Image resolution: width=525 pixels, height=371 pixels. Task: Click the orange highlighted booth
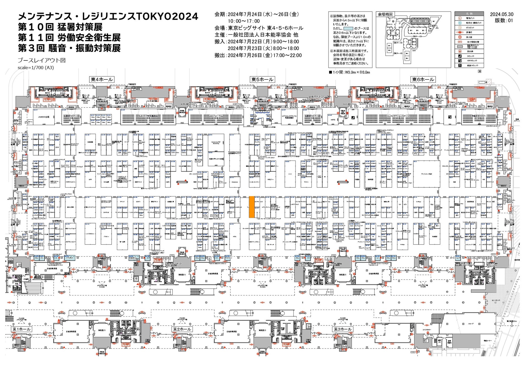click(251, 207)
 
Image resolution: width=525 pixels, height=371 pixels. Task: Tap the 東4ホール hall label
click(102, 79)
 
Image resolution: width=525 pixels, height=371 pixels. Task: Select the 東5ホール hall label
click(262, 79)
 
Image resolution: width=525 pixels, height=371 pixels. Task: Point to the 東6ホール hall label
click(423, 79)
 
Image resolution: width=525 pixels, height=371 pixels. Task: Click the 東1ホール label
click(22, 329)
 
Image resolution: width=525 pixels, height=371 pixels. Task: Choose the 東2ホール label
click(182, 329)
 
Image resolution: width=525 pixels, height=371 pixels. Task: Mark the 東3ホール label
click(342, 329)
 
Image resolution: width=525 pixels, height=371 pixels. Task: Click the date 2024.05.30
click(502, 14)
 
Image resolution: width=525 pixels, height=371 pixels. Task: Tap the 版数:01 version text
click(504, 21)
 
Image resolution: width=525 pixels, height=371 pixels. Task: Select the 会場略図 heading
click(385, 14)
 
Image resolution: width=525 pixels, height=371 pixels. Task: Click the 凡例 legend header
click(469, 13)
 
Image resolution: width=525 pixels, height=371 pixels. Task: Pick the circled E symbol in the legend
click(460, 18)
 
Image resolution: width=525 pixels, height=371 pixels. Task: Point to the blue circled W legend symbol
click(460, 23)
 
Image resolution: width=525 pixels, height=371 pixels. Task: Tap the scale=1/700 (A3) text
click(36, 68)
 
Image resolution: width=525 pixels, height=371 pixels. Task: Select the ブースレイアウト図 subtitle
click(42, 60)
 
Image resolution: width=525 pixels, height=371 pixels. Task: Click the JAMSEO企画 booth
click(44, 117)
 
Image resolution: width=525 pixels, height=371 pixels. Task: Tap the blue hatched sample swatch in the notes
click(348, 28)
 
